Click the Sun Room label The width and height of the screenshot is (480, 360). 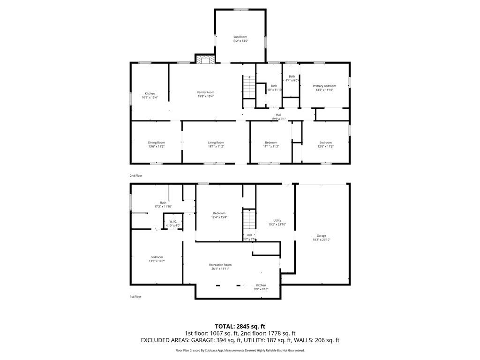(240, 37)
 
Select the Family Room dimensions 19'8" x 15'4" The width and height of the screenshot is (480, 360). (205, 97)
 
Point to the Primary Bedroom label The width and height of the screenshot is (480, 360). (324, 86)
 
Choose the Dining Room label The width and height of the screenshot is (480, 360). (156, 142)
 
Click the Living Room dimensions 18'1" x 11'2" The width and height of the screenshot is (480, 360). (216, 147)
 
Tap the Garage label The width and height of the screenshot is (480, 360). (321, 236)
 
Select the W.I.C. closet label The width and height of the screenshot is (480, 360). (172, 222)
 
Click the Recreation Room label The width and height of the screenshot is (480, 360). (220, 265)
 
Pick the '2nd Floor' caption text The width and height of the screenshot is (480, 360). (136, 176)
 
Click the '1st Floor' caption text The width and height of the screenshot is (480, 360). (135, 297)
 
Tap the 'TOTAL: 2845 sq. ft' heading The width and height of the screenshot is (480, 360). (240, 326)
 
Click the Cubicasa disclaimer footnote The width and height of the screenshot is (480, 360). (240, 350)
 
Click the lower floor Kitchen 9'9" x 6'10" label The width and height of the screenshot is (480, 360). (261, 287)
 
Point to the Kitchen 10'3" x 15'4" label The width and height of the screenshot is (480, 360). (150, 96)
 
